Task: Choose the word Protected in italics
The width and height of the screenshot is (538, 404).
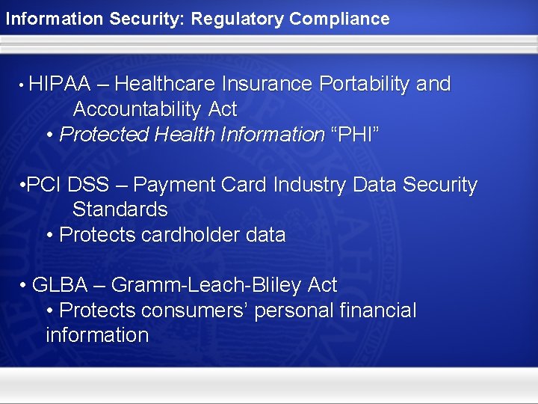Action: [x=103, y=135]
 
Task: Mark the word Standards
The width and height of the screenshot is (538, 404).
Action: [x=120, y=209]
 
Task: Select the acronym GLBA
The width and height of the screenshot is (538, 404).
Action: [x=60, y=285]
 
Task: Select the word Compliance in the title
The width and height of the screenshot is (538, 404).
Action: [x=340, y=19]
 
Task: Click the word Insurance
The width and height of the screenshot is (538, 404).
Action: [x=270, y=85]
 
